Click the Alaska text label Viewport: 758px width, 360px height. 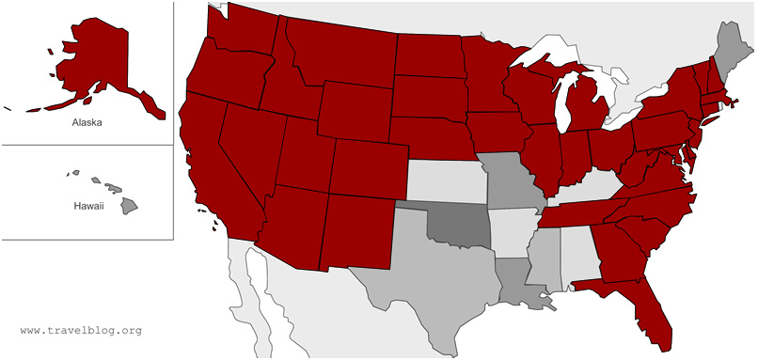pyautogui.click(x=87, y=122)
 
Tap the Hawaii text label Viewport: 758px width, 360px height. pyautogui.click(x=88, y=205)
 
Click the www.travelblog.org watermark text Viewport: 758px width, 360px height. pyautogui.click(x=81, y=331)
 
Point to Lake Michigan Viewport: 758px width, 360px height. pyautogui.click(x=564, y=103)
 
